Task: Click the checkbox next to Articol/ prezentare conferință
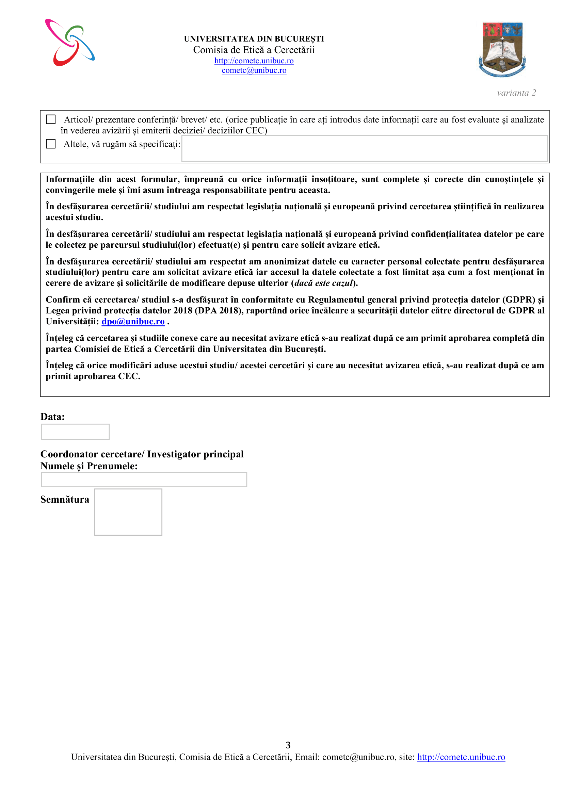click(x=51, y=119)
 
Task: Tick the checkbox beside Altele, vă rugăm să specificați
click(x=51, y=144)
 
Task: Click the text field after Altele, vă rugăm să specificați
click(x=364, y=148)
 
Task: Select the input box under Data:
click(x=75, y=432)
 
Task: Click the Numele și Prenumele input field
click(x=144, y=480)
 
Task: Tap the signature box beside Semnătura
click(x=128, y=512)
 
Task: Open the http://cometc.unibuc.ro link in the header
click(x=254, y=61)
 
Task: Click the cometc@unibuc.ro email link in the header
click(x=254, y=70)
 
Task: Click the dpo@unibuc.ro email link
click(x=133, y=321)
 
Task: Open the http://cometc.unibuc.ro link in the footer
click(x=461, y=757)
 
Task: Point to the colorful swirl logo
click(x=70, y=43)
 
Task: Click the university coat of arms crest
click(x=502, y=50)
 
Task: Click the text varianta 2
click(x=516, y=93)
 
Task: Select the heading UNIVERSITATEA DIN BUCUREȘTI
click(x=254, y=39)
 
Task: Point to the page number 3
click(x=288, y=745)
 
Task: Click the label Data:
click(x=53, y=417)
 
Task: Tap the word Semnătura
click(x=65, y=500)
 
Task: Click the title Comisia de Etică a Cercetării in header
click(x=254, y=50)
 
